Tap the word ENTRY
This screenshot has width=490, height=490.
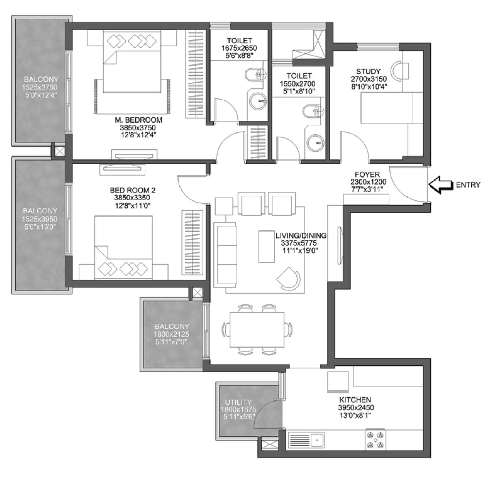(x=468, y=185)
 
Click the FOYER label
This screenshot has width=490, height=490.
(x=367, y=174)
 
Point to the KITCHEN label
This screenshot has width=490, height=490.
(x=355, y=400)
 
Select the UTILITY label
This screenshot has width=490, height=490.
(x=238, y=402)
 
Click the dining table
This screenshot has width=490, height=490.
(x=257, y=330)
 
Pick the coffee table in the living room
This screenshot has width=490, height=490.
(x=267, y=247)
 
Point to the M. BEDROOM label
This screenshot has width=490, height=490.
(x=139, y=120)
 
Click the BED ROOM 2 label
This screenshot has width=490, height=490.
(x=133, y=190)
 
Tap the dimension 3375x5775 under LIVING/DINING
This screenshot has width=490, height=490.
(x=299, y=243)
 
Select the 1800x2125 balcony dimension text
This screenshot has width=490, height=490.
(x=171, y=334)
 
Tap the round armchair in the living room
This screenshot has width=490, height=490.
(x=289, y=278)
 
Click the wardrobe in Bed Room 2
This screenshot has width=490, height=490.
(x=192, y=242)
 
